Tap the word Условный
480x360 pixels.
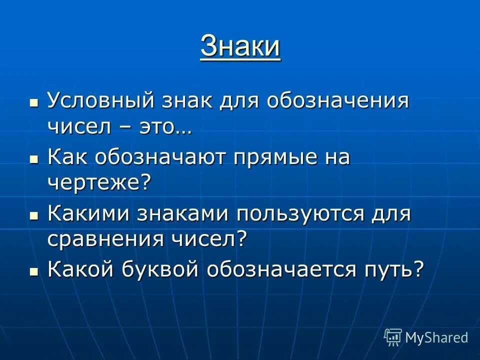[x=99, y=101]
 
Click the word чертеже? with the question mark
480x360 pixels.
[x=99, y=183]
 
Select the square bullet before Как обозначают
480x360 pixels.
[x=33, y=159]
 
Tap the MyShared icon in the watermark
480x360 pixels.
[x=393, y=337]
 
